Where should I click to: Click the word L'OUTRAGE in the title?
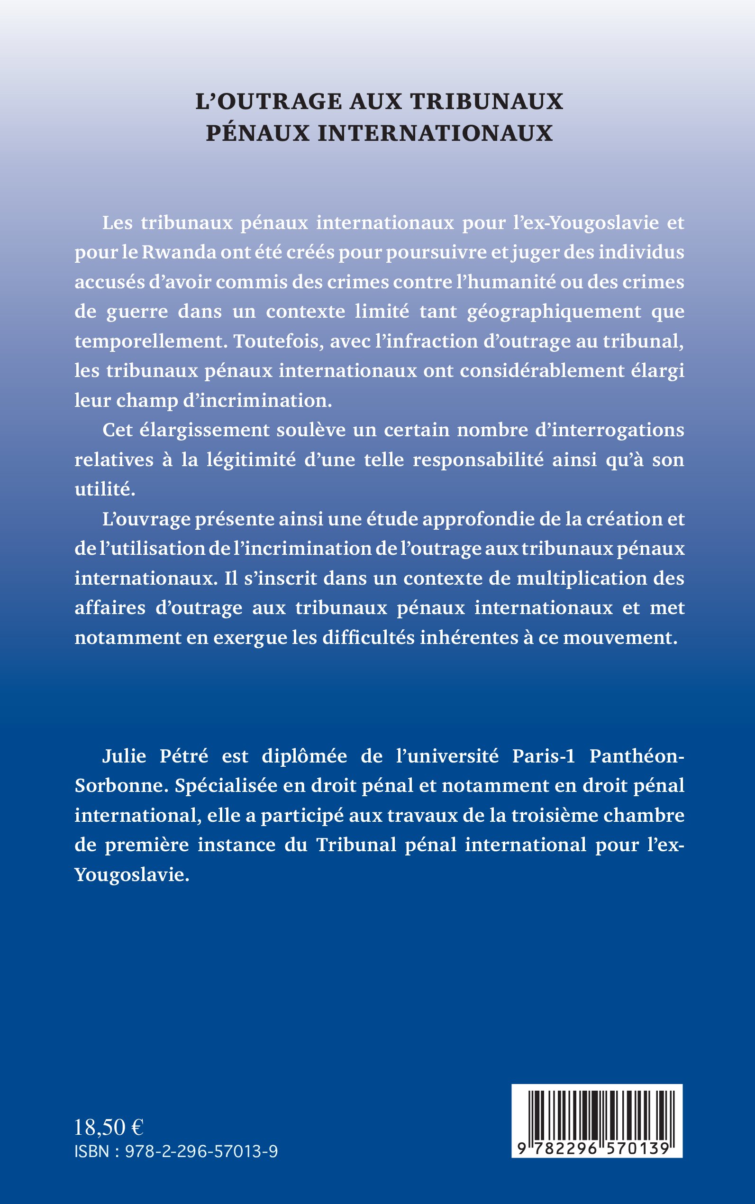pos(268,102)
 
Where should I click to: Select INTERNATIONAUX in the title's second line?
pos(435,133)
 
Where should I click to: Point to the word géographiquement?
pos(554,312)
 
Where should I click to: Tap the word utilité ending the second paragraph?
pos(105,489)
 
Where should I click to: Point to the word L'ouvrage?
pos(146,520)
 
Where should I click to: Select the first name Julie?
pos(124,756)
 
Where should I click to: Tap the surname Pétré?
pos(183,756)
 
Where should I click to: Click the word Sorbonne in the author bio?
pos(119,786)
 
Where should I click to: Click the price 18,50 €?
pos(109,1128)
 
